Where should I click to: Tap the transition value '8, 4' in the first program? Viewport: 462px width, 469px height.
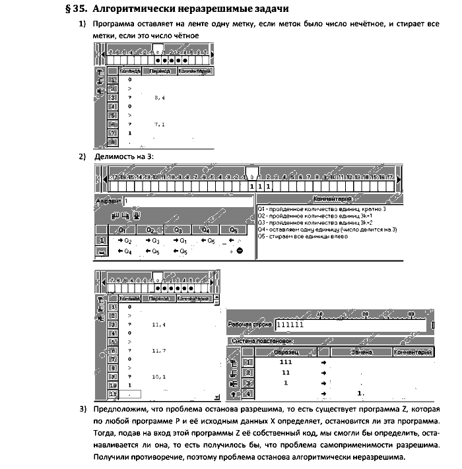click(x=159, y=97)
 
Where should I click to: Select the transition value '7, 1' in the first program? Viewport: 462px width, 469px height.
click(x=159, y=124)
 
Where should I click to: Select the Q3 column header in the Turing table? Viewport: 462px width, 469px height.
click(x=177, y=230)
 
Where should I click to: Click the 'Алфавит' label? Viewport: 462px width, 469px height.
click(x=108, y=200)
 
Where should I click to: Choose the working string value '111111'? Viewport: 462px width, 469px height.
click(x=292, y=325)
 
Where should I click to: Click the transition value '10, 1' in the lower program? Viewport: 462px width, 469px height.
click(x=159, y=376)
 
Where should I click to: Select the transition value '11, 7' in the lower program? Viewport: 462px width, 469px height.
click(x=159, y=350)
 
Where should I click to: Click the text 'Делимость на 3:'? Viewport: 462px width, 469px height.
click(x=129, y=156)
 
